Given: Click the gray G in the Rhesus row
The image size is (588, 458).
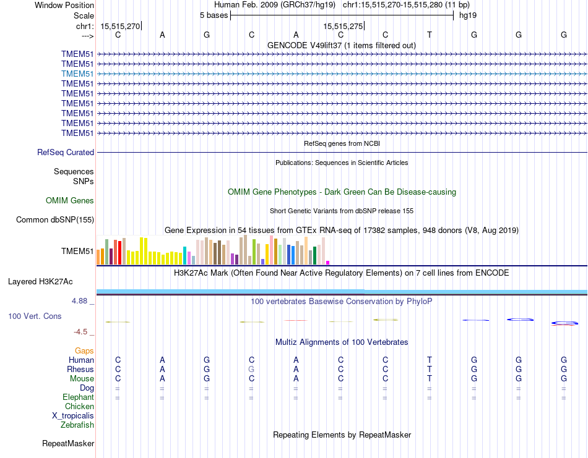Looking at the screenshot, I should pyautogui.click(x=251, y=369).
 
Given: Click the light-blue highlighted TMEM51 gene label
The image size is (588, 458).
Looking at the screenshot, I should pyautogui.click(x=77, y=74).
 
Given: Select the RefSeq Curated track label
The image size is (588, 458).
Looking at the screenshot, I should pyautogui.click(x=66, y=152).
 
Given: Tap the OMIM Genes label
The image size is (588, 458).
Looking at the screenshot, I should pyautogui.click(x=70, y=200).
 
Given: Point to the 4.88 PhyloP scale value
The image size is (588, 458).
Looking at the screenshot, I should pyautogui.click(x=82, y=301).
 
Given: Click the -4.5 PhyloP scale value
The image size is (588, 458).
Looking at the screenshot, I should pyautogui.click(x=82, y=331).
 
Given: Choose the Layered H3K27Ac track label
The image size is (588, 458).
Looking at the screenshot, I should pyautogui.click(x=40, y=281).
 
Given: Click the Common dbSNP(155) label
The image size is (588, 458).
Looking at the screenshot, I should pyautogui.click(x=55, y=219).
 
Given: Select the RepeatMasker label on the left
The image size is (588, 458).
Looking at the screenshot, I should pyautogui.click(x=68, y=443).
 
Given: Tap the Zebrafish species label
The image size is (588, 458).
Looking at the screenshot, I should pyautogui.click(x=77, y=425).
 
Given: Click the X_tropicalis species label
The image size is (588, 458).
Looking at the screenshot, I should pyautogui.click(x=73, y=415).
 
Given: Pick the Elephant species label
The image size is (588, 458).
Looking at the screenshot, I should pyautogui.click(x=78, y=397).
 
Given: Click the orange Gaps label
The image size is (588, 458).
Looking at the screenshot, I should pyautogui.click(x=84, y=350).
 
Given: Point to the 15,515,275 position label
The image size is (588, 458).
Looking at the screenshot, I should pyautogui.click(x=343, y=26).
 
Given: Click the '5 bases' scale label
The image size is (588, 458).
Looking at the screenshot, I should pyautogui.click(x=214, y=15).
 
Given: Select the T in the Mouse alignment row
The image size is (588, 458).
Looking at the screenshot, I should pyautogui.click(x=430, y=378).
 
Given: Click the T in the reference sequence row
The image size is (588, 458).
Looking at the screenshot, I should pyautogui.click(x=430, y=35).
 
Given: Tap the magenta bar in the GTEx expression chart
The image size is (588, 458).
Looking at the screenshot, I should pyautogui.click(x=328, y=262).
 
